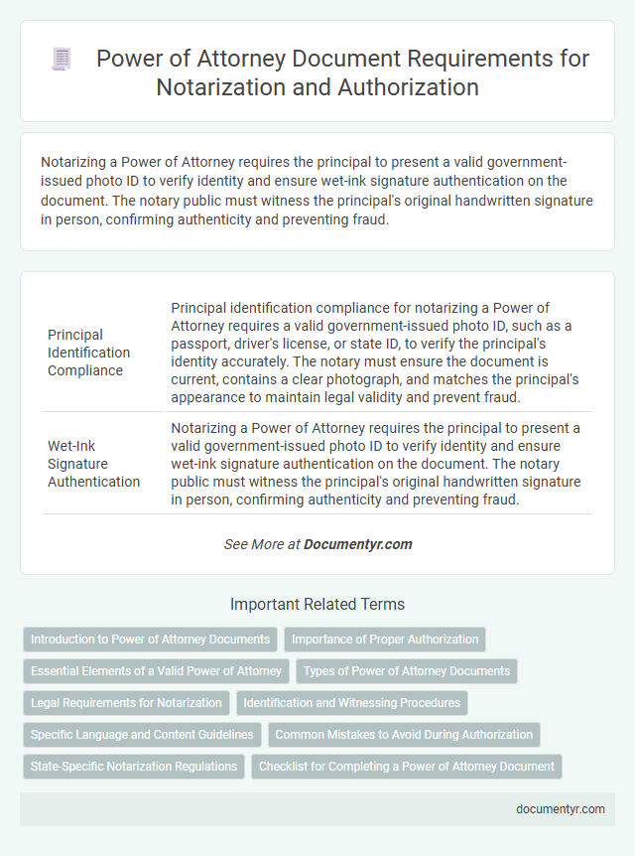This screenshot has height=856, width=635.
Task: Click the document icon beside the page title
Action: pyautogui.click(x=62, y=60)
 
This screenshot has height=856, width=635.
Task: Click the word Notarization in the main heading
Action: pyautogui.click(x=213, y=87)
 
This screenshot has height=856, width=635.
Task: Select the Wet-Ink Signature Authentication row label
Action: pyautogui.click(x=94, y=464)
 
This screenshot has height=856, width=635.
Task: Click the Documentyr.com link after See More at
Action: pyautogui.click(x=358, y=544)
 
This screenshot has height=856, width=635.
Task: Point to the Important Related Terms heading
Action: pyautogui.click(x=317, y=604)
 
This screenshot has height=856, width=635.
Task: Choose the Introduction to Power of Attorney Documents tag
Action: pyautogui.click(x=150, y=639)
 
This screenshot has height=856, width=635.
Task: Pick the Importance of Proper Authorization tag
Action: pyautogui.click(x=385, y=639)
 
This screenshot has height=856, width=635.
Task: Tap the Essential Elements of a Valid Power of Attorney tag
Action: pyautogui.click(x=156, y=671)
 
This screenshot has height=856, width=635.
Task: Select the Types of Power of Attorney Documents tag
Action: pyautogui.click(x=407, y=671)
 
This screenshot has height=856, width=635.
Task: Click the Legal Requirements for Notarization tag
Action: pyautogui.click(x=126, y=703)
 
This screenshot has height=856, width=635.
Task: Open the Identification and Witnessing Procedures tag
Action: pyautogui.click(x=351, y=703)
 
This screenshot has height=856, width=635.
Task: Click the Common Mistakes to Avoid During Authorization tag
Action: pyautogui.click(x=404, y=735)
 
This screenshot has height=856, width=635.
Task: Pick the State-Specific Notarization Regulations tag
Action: pyautogui.click(x=133, y=767)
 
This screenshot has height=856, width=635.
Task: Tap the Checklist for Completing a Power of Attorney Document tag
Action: pyautogui.click(x=407, y=767)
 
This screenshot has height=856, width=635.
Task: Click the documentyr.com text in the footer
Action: pyautogui.click(x=561, y=808)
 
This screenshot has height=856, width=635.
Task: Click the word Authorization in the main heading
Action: pyautogui.click(x=402, y=87)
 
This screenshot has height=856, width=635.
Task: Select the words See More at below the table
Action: pyautogui.click(x=262, y=544)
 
